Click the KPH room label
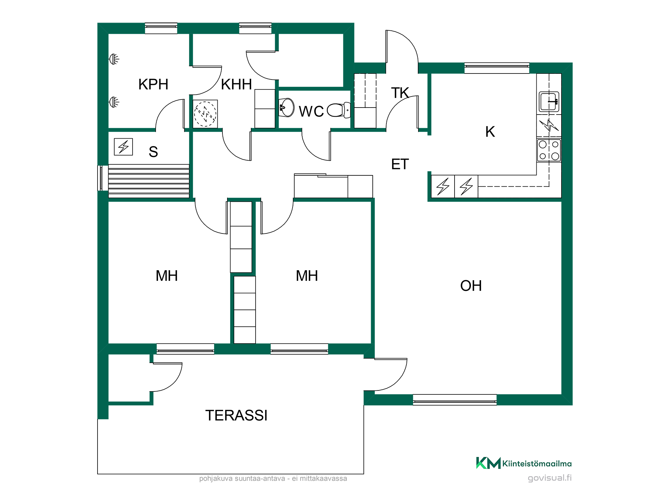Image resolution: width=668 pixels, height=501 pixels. click(153, 85)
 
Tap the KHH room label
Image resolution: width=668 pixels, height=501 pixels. click(236, 85)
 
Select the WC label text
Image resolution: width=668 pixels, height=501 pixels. click(311, 112)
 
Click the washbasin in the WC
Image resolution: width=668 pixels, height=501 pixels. click(287, 107)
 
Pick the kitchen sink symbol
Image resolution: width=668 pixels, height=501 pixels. click(549, 102)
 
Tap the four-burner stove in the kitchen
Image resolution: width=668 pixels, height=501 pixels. click(549, 150)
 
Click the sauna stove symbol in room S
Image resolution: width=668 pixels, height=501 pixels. click(124, 147)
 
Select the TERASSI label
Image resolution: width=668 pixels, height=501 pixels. click(236, 415)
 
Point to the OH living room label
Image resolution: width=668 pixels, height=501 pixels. click(471, 286)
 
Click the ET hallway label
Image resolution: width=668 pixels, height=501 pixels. click(400, 164)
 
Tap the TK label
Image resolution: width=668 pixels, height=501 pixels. click(400, 93)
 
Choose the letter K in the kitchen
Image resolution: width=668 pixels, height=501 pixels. click(490, 132)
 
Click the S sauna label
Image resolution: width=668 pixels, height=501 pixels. click(153, 152)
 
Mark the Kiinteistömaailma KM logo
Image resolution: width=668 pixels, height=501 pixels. click(488, 463)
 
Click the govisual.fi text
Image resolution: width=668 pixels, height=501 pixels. click(550, 478)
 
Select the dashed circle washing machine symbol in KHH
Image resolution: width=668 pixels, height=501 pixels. click(205, 114)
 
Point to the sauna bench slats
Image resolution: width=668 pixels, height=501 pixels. click(149, 181)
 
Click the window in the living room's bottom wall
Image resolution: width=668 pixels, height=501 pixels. click(455, 400)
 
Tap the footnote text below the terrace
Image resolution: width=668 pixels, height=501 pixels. click(273, 479)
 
